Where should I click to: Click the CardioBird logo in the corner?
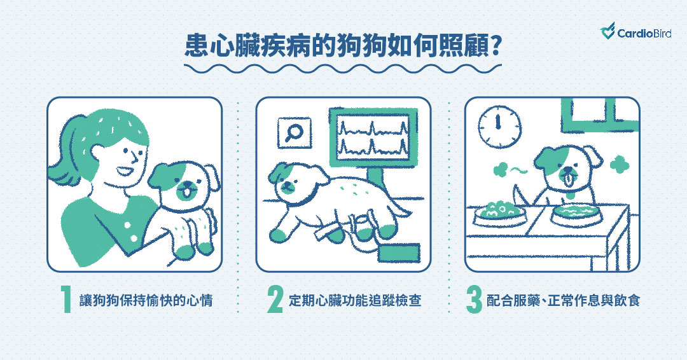[x=635, y=32]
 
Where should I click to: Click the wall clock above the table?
[x=499, y=127]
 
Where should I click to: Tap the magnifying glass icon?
[x=295, y=133]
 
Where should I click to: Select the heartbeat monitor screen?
[x=373, y=137]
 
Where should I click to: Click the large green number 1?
[x=66, y=300]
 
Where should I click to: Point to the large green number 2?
[x=275, y=300]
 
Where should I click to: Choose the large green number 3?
[x=474, y=300]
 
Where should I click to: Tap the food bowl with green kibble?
[x=499, y=213]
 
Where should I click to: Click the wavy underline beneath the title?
[x=343, y=68]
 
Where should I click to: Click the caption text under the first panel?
[x=146, y=300]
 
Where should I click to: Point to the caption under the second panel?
[x=355, y=300]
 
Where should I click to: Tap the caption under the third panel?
[x=564, y=300]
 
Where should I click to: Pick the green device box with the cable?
[x=399, y=253]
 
